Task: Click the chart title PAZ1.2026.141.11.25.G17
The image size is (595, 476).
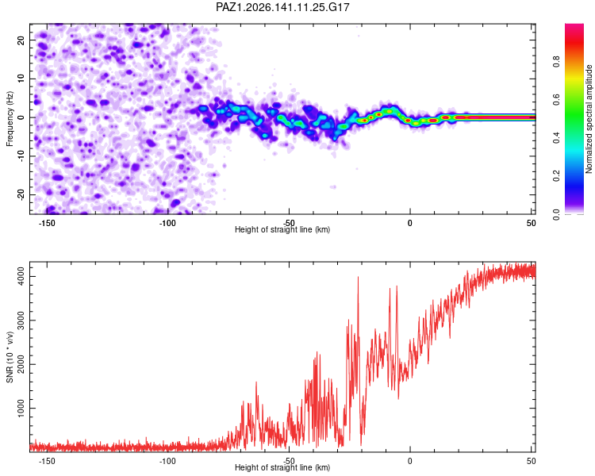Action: click(x=282, y=7)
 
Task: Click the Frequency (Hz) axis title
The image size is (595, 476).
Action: click(x=10, y=119)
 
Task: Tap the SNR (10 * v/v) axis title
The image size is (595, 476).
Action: click(x=10, y=357)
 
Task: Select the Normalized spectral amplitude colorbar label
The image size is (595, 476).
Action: click(x=589, y=119)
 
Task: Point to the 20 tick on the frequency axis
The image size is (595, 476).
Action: click(x=21, y=40)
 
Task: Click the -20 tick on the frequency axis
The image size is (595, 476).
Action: click(x=21, y=196)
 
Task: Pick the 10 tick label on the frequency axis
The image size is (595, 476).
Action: click(x=21, y=79)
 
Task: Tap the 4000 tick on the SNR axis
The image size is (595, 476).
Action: click(x=21, y=276)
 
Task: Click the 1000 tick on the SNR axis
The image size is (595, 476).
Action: click(x=21, y=408)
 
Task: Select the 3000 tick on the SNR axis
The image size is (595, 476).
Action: click(x=21, y=321)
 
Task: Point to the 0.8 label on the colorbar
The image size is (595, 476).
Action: click(x=556, y=62)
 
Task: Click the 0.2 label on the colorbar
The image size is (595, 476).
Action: click(x=556, y=176)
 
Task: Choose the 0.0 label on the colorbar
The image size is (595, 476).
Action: click(x=556, y=214)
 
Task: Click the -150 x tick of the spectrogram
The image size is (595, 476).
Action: click(x=47, y=223)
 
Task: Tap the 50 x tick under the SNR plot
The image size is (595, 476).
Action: click(x=532, y=461)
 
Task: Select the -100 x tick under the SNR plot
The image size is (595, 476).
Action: click(x=167, y=461)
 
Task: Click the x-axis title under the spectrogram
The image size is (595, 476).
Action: click(x=282, y=229)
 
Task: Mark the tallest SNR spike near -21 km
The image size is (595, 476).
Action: click(x=358, y=278)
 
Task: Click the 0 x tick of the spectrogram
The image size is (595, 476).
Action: click(x=410, y=223)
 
